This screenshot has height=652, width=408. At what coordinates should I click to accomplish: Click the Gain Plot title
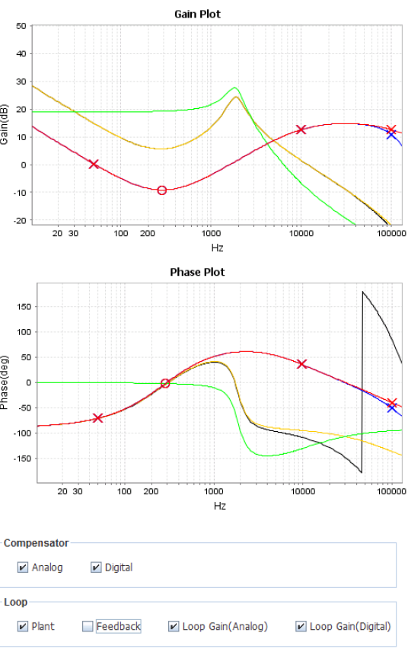pyautogui.click(x=197, y=14)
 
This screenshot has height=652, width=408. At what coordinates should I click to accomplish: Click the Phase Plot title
pyautogui.click(x=197, y=272)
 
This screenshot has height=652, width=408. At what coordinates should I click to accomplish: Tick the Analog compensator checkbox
pyautogui.click(x=22, y=567)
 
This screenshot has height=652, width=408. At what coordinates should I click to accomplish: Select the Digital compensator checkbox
pyautogui.click(x=96, y=567)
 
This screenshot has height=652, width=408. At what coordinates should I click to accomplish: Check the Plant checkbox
pyautogui.click(x=22, y=627)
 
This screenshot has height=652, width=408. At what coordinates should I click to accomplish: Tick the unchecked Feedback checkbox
pyautogui.click(x=88, y=627)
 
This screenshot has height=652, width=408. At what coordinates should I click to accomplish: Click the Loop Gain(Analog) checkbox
pyautogui.click(x=173, y=627)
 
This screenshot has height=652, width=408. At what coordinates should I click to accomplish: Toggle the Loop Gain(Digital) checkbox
pyautogui.click(x=301, y=627)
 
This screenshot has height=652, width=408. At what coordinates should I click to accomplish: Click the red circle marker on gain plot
pyautogui.click(x=161, y=190)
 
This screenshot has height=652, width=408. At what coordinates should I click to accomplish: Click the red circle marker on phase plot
pyautogui.click(x=164, y=383)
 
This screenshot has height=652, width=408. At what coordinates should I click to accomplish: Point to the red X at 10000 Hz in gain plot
pyautogui.click(x=301, y=129)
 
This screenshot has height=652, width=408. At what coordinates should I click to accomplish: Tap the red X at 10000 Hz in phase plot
pyautogui.click(x=302, y=364)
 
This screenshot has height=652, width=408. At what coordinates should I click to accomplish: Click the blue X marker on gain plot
pyautogui.click(x=390, y=135)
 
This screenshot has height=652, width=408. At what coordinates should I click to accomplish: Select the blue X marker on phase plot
pyautogui.click(x=391, y=407)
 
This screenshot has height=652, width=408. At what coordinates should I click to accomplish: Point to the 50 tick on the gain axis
pyautogui.click(x=21, y=26)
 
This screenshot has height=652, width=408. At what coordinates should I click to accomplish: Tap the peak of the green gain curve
pyautogui.click(x=235, y=88)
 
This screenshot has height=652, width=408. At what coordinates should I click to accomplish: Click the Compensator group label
pyautogui.click(x=36, y=543)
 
